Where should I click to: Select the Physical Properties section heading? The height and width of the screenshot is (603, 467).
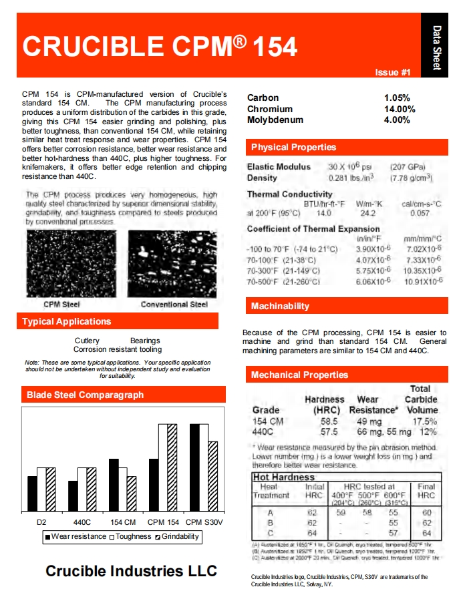pos(293,147)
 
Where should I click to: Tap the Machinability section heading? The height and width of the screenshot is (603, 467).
pos(280,306)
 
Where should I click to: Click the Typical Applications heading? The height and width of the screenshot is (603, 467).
pos(67,321)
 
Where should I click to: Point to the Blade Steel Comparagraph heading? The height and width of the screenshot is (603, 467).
pos(85,395)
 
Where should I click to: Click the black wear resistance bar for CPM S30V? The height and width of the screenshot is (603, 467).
pos(194,467)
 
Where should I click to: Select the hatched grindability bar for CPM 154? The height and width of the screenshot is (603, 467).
pos(172,467)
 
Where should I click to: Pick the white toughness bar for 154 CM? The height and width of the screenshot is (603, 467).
pos(122,489)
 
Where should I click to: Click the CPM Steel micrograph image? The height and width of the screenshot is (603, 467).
pos(71,264)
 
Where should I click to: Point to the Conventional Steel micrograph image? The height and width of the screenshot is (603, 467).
pos(173,264)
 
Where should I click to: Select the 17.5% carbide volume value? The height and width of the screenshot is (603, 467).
pos(424,421)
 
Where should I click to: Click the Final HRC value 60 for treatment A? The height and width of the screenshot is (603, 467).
pos(426,512)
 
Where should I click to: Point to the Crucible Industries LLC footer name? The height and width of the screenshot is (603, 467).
pos(131,571)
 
